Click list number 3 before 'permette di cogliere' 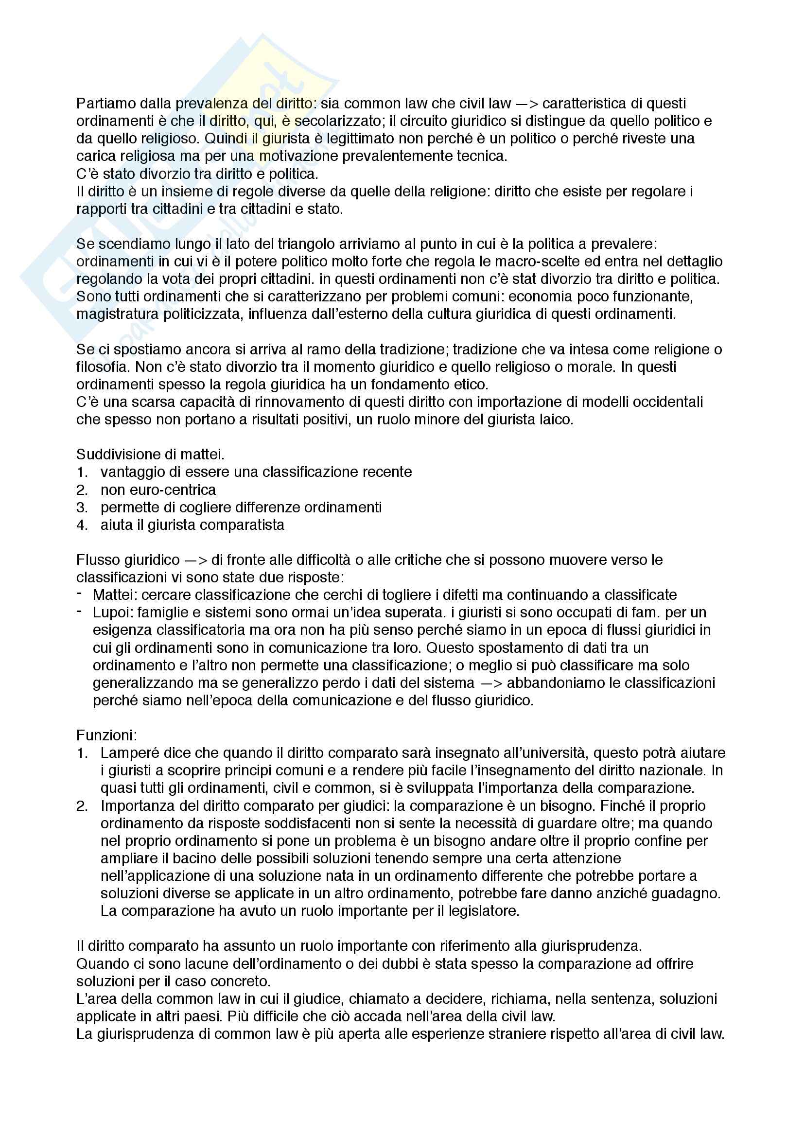pyautogui.click(x=82, y=507)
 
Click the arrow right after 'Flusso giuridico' pyautogui.click(x=195, y=560)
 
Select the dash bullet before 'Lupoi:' pyautogui.click(x=79, y=612)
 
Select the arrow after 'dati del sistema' pyautogui.click(x=490, y=683)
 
